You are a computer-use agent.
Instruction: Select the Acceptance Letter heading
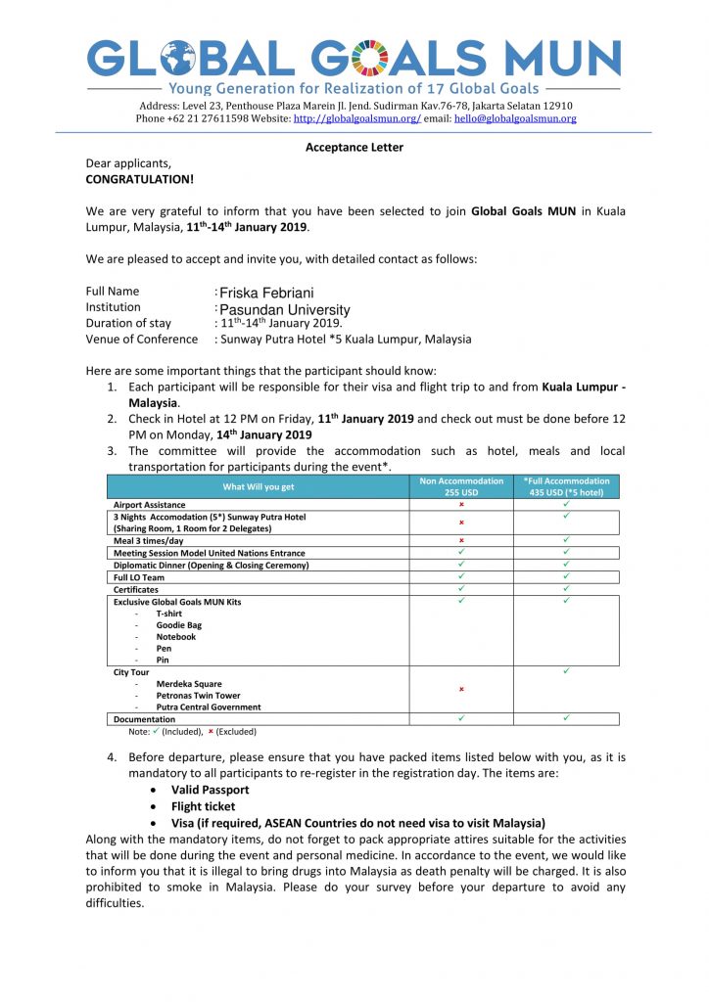pyautogui.click(x=354, y=148)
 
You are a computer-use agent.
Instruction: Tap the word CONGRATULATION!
pyautogui.click(x=139, y=179)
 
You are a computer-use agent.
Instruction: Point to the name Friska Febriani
pyautogui.click(x=266, y=293)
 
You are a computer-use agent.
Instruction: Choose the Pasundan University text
pyautogui.click(x=284, y=309)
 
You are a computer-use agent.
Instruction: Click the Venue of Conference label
pyautogui.click(x=142, y=339)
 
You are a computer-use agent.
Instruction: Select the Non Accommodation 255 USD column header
pyautogui.click(x=461, y=486)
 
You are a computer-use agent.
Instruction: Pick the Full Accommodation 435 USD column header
pyautogui.click(x=566, y=486)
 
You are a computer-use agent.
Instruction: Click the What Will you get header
pyautogui.click(x=258, y=486)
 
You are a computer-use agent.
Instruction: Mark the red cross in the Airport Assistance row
pyautogui.click(x=461, y=505)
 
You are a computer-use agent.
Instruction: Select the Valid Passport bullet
pyautogui.click(x=210, y=790)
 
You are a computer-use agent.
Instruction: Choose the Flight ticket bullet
pyautogui.click(x=203, y=806)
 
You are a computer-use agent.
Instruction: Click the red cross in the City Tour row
pyautogui.click(x=461, y=689)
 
